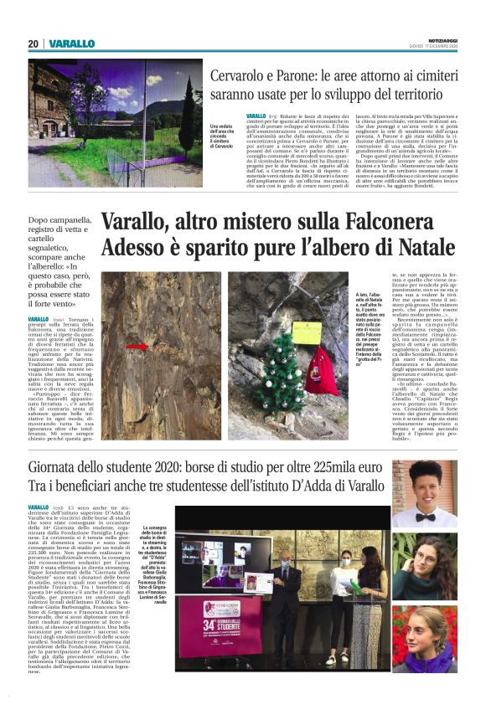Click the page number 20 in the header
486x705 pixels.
click(x=34, y=44)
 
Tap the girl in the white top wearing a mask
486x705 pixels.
click(x=367, y=600)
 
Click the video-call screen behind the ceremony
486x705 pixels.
click(x=225, y=558)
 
